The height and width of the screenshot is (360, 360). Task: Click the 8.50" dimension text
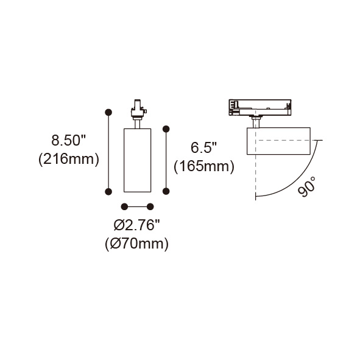click(68, 140)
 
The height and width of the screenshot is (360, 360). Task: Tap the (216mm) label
click(69, 159)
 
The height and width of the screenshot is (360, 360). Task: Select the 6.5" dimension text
click(204, 147)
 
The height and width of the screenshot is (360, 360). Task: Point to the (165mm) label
click(204, 166)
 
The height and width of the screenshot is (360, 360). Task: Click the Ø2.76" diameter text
click(136, 225)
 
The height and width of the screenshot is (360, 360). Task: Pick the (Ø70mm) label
click(136, 244)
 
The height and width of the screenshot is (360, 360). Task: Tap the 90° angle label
click(307, 186)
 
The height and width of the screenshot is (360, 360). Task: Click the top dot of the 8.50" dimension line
click(108, 112)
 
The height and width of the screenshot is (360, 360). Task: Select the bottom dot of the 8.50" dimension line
click(108, 191)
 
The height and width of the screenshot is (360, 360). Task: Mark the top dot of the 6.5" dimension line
click(166, 129)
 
